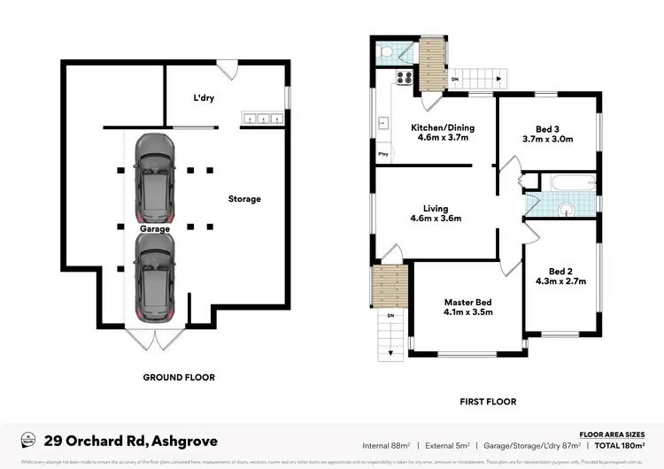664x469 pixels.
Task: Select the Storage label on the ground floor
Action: pos(244,199)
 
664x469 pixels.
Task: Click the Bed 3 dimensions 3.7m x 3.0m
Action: pos(548,139)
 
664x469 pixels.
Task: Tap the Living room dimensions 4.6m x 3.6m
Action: pos(436,219)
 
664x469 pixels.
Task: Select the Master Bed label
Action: pos(467,302)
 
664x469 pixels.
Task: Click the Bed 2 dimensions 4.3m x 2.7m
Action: pos(561,281)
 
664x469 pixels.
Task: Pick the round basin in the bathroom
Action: pos(567,210)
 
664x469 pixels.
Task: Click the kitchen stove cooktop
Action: pos(403,77)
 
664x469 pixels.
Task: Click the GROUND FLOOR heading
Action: pos(179,377)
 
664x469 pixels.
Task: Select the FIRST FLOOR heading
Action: pos(487,401)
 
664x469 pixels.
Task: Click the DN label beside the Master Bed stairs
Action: pos(390,315)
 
